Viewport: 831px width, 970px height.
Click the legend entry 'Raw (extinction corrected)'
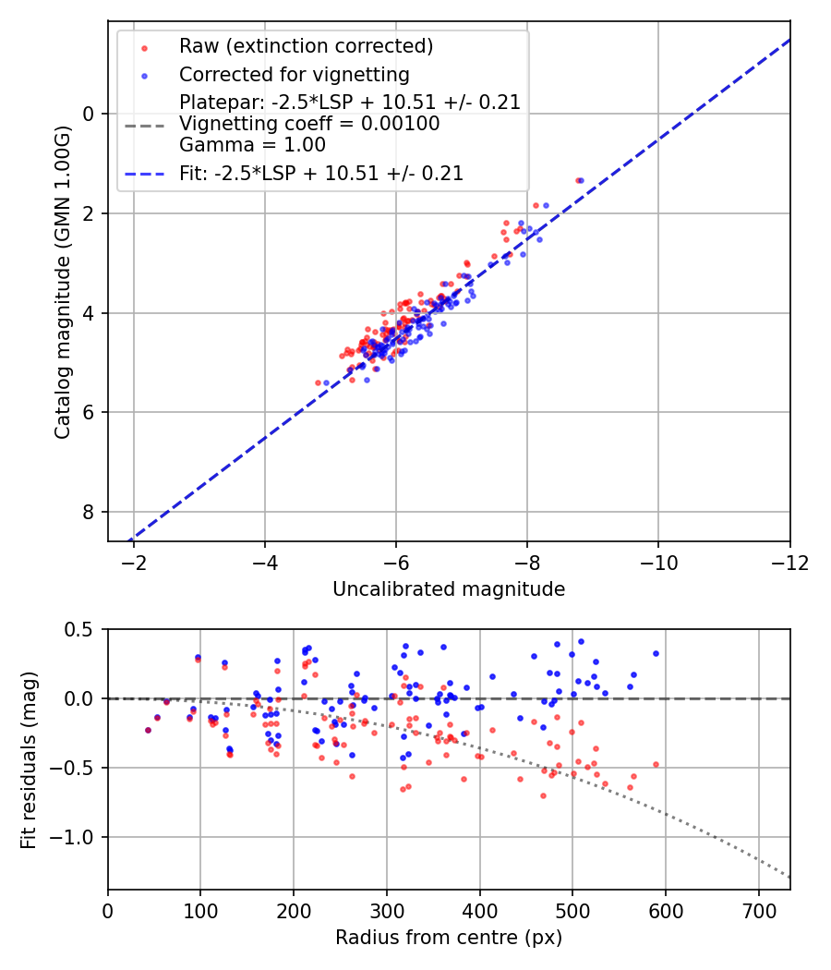(x=306, y=46)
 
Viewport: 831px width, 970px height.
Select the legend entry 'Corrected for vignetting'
(x=294, y=74)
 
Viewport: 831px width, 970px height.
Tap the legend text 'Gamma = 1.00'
(x=252, y=144)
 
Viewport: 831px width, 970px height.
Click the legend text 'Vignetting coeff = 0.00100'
(x=309, y=124)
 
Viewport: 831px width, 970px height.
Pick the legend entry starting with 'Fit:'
(x=320, y=173)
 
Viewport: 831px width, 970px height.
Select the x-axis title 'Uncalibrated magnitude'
(x=449, y=588)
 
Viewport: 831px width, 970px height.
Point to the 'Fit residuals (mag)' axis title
(x=29, y=759)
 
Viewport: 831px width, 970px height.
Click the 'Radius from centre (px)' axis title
(x=449, y=938)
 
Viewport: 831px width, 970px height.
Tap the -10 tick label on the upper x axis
(x=658, y=563)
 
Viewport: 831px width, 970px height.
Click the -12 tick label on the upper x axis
(x=789, y=563)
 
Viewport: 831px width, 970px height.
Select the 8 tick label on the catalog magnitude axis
(x=90, y=512)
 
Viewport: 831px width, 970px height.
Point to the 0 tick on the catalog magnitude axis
(x=90, y=114)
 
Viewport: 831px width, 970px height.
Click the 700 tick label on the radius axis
(x=758, y=910)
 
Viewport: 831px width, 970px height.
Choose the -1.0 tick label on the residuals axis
(x=75, y=837)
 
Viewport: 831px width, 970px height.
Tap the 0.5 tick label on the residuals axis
(x=80, y=629)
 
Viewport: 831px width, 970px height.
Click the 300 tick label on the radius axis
(x=386, y=910)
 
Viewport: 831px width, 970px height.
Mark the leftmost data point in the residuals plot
(x=148, y=730)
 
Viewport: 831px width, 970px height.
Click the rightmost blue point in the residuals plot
(x=656, y=653)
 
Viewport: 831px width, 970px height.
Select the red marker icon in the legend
(x=142, y=46)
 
